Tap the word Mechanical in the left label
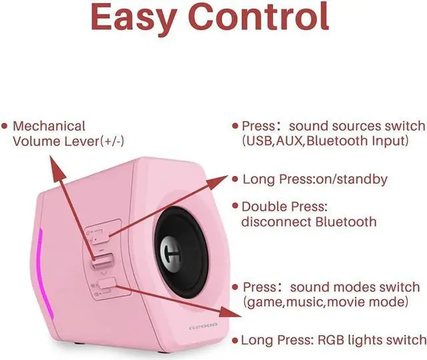(49, 126)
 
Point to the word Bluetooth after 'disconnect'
(342, 222)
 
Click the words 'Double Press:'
(284, 207)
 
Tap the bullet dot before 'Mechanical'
(5, 126)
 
